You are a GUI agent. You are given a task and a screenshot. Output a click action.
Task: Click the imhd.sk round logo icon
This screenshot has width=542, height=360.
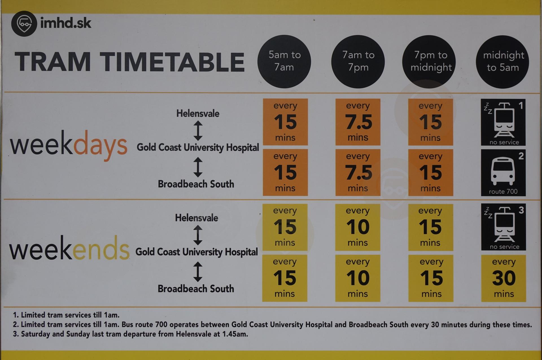24,24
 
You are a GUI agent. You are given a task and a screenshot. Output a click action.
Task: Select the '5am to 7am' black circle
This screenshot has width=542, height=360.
284,62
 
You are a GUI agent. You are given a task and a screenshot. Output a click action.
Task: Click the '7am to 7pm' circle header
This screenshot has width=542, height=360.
358,62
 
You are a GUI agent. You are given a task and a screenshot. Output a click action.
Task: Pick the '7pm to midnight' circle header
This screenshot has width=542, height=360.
430,62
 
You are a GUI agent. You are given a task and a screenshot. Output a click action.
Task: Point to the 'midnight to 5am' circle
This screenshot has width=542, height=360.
503,62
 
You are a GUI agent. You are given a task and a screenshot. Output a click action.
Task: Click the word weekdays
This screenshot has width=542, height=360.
69,145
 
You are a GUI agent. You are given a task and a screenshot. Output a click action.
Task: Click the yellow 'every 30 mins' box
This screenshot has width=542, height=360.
504,278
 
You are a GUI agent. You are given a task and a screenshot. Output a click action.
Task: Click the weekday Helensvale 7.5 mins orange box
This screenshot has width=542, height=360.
358,122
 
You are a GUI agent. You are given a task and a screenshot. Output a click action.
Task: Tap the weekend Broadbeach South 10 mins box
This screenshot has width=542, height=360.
358,278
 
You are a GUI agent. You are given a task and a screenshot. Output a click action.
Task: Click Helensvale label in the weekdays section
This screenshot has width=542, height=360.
198,114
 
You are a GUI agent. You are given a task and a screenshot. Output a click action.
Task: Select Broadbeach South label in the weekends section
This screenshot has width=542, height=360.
196,289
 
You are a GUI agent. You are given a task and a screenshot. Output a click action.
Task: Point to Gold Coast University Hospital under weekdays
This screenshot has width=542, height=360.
198,147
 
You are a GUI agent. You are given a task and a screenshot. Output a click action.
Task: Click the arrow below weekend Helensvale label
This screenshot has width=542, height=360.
198,235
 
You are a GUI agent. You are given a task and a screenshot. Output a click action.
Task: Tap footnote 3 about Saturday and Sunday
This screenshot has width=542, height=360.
130,334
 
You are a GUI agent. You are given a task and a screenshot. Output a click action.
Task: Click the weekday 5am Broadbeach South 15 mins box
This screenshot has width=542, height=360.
285,173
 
